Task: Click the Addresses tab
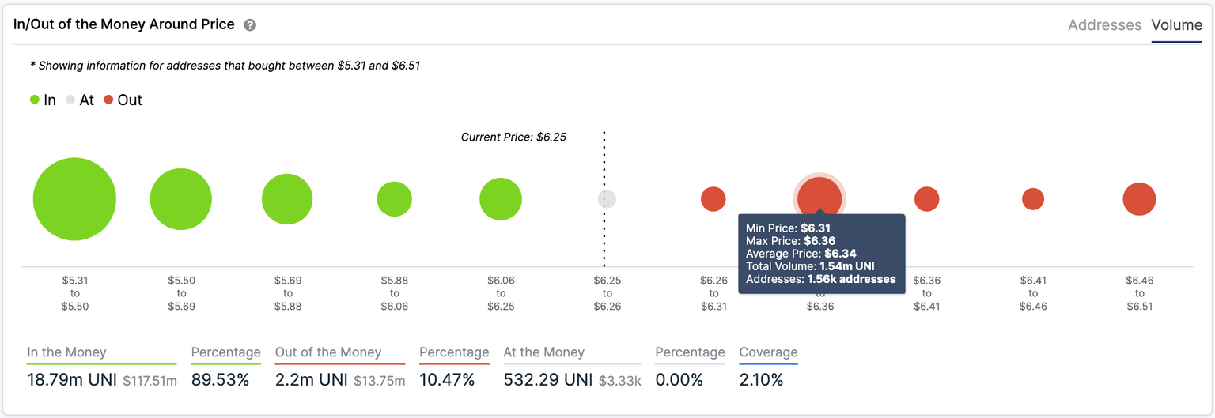(x=1104, y=25)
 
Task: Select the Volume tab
(x=1176, y=25)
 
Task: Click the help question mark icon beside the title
(x=250, y=25)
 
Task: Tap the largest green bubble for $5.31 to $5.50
(x=74, y=199)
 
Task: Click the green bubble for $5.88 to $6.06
(x=394, y=199)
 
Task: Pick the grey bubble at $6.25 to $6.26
(x=607, y=199)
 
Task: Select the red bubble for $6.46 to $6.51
(x=1139, y=199)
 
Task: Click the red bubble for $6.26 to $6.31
(x=713, y=199)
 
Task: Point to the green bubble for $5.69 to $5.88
(x=287, y=199)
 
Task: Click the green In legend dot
(x=35, y=100)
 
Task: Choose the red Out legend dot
(x=108, y=100)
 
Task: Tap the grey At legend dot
(x=70, y=100)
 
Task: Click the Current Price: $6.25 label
(x=513, y=137)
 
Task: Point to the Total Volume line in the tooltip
(x=809, y=266)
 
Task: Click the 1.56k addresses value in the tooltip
(x=851, y=279)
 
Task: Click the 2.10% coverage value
(x=761, y=380)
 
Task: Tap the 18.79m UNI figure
(x=71, y=380)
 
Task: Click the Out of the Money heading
(x=327, y=352)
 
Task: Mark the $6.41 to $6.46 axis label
(x=1032, y=293)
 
